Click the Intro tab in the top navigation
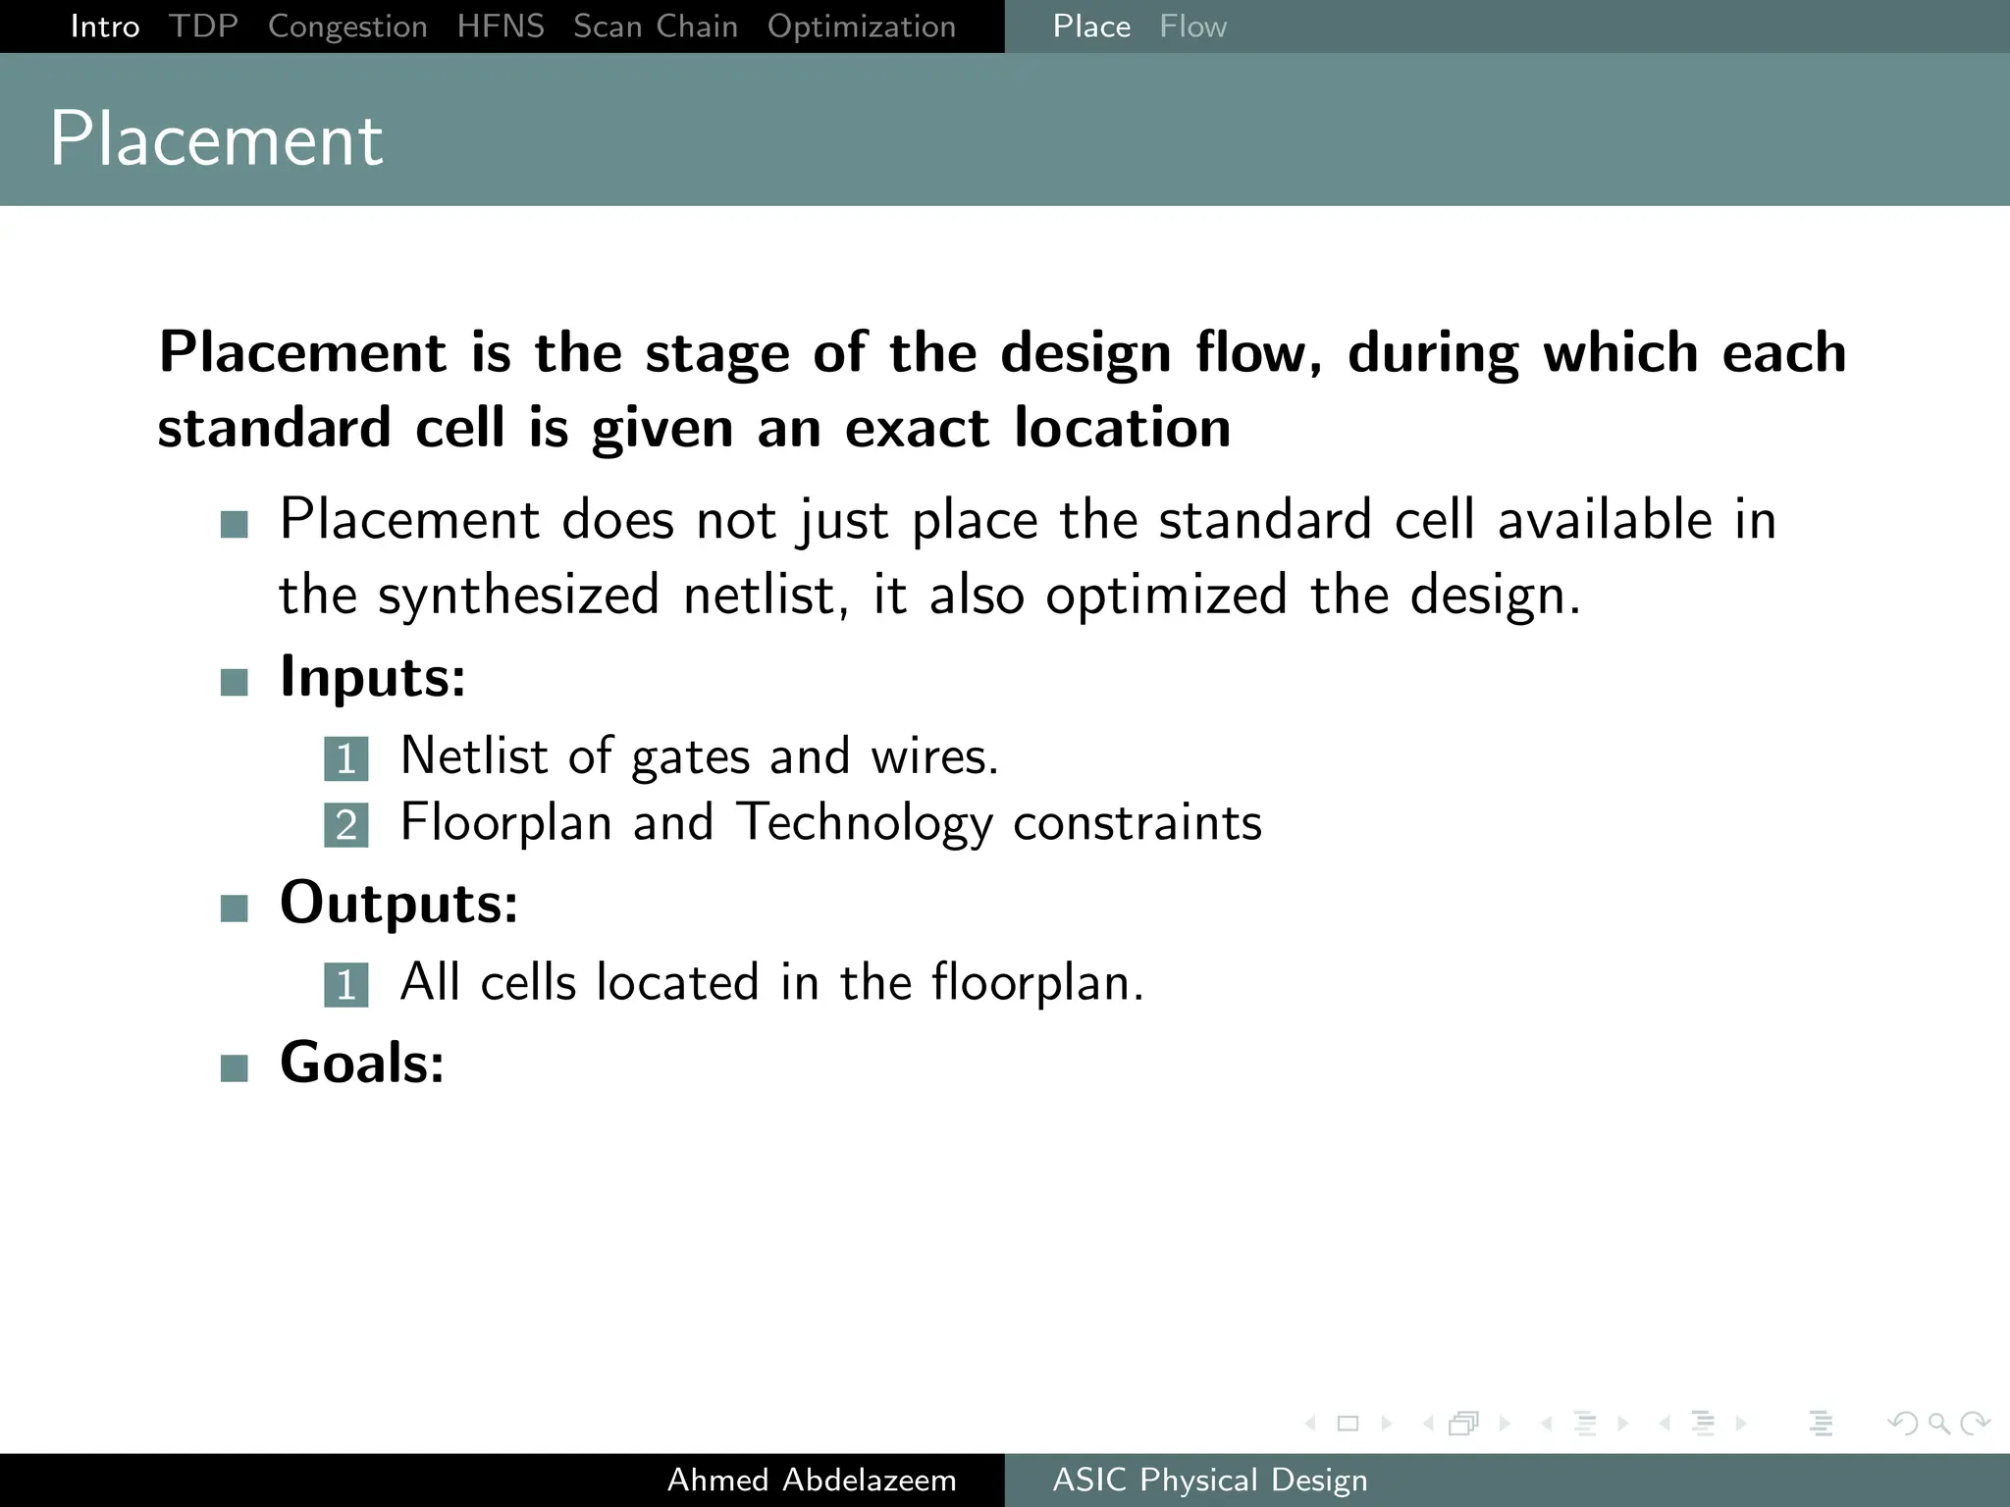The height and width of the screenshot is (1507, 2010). click(105, 26)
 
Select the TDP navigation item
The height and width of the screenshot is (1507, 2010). click(203, 26)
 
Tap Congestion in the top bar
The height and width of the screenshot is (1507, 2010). click(347, 26)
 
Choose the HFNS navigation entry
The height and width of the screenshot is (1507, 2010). click(501, 26)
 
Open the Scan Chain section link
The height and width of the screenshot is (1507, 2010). click(656, 26)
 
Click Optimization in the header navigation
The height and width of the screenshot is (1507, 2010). click(862, 26)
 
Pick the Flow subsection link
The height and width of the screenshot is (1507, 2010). click(1192, 26)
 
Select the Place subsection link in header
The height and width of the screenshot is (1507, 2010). click(1091, 26)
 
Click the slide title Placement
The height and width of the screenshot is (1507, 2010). click(216, 139)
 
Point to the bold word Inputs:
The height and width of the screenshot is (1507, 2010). click(373, 677)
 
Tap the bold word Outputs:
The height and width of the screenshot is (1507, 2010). click(398, 903)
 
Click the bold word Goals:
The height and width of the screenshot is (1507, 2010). click(362, 1063)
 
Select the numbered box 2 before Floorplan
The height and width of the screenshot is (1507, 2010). click(346, 825)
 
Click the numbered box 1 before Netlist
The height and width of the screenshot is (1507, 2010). click(346, 758)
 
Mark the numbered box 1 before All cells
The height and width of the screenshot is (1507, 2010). click(346, 985)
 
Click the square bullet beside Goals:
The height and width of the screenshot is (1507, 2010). click(235, 1067)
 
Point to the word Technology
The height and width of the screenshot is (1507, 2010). click(864, 822)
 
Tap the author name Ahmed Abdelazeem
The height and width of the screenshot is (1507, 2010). click(812, 1480)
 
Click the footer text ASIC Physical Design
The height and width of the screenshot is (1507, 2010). click(1210, 1480)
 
